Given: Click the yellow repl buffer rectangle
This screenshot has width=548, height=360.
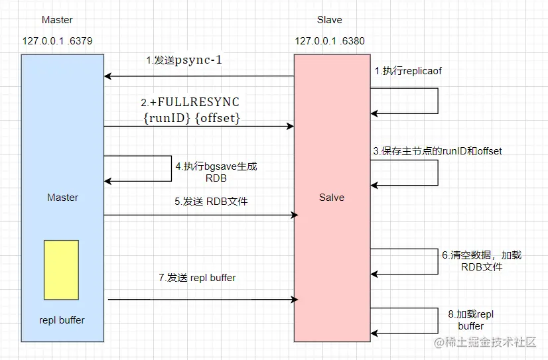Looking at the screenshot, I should (x=61, y=269).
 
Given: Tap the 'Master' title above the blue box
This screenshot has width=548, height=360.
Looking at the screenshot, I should (x=57, y=21).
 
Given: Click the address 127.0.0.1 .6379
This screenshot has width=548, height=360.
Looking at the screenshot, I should (x=57, y=41).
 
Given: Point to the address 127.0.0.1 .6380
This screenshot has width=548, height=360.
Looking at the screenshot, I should (x=330, y=41).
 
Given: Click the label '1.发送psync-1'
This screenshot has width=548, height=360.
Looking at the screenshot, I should (x=184, y=60).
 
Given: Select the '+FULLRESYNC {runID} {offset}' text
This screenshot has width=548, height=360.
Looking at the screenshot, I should (x=190, y=110).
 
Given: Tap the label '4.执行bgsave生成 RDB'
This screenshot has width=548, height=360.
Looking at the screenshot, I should (x=216, y=172).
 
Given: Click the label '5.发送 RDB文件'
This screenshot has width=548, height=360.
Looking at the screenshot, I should (x=211, y=202).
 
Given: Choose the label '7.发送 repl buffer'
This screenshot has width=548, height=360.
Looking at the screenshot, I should (x=197, y=278).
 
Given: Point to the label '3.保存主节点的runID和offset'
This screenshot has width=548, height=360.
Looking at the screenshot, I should (x=437, y=151).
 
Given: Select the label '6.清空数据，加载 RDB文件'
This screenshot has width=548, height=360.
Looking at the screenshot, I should (x=482, y=261).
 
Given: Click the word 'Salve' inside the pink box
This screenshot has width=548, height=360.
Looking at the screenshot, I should (x=332, y=198).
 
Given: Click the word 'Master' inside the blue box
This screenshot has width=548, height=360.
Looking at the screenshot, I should (x=62, y=198).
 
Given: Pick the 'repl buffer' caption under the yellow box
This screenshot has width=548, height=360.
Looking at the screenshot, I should (x=62, y=320).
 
